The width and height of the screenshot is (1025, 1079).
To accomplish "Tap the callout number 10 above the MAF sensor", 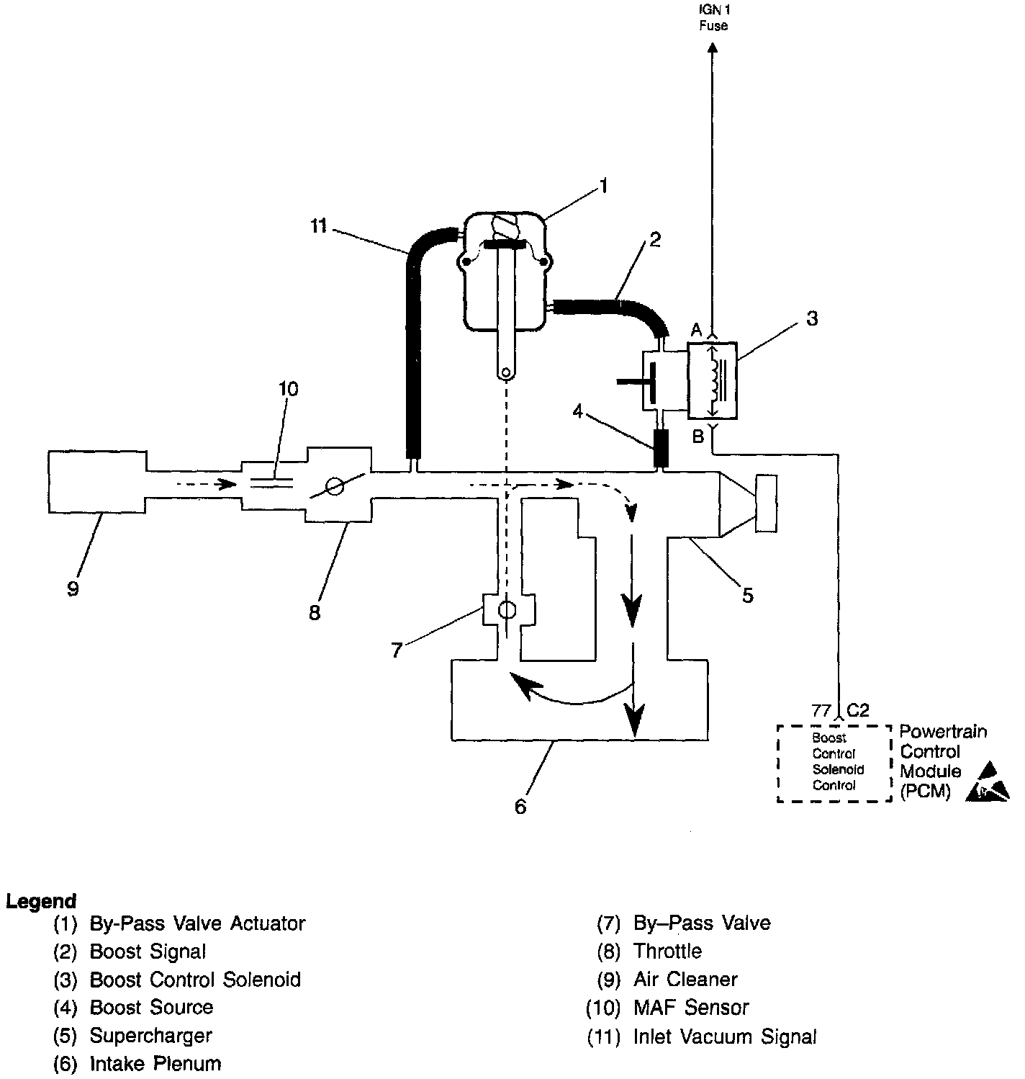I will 288,389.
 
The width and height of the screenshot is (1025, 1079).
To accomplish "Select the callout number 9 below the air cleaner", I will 73,588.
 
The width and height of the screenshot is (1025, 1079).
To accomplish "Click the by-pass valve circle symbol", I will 507,610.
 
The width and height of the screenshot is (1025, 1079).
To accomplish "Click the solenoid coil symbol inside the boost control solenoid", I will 715,380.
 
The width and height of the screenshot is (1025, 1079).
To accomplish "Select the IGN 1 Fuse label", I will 713,19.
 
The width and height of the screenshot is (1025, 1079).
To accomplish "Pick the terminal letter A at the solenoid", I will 696,330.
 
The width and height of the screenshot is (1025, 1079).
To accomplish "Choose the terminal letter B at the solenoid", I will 697,436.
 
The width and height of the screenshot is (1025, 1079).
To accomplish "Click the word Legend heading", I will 41,901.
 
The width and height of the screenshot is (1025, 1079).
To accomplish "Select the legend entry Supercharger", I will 150,1036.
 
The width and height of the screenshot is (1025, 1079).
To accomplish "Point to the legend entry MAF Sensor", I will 691,1007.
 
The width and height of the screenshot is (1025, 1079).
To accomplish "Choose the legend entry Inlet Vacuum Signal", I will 725,1037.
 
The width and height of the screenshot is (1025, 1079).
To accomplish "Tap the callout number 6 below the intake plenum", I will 520,807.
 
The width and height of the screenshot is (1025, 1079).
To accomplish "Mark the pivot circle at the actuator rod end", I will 506,373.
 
